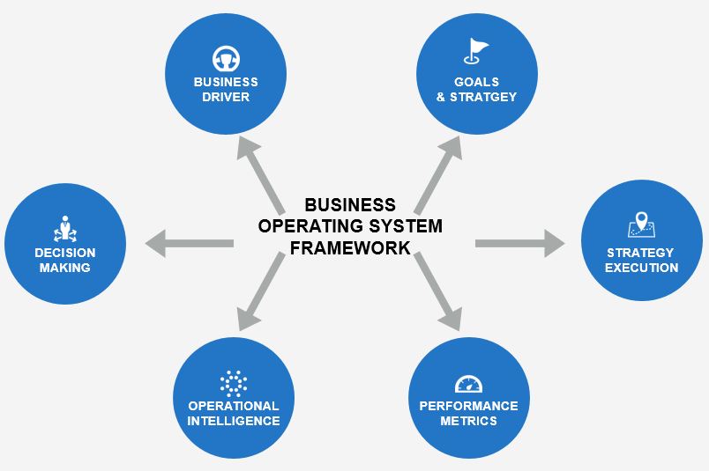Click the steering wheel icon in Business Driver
[226, 59]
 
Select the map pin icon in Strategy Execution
[641, 225]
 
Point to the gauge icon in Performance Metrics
[469, 384]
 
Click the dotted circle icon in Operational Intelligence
[233, 383]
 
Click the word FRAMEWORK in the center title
[350, 247]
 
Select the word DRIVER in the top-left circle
[226, 97]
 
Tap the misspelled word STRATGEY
[487, 97]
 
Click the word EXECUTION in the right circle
[641, 268]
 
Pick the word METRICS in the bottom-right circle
[469, 421]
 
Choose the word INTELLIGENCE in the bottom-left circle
[233, 421]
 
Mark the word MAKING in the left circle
[64, 268]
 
